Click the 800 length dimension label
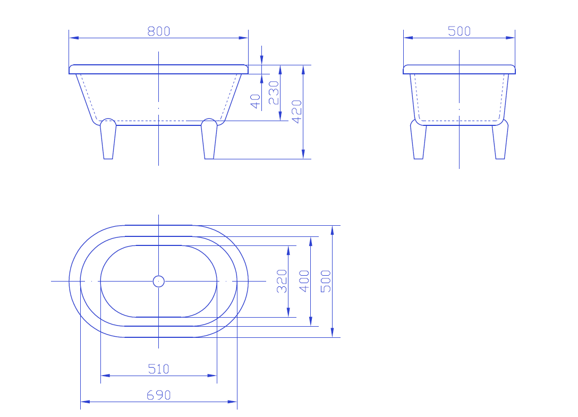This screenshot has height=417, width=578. tap(158, 31)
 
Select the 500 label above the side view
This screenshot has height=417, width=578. tap(459, 31)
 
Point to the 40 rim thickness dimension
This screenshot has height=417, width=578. tap(256, 101)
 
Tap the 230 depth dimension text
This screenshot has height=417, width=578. tap(274, 92)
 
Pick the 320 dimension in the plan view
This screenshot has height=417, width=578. tap(282, 281)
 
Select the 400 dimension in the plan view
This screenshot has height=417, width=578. tap(304, 281)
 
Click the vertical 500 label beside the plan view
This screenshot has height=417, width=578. tap(326, 281)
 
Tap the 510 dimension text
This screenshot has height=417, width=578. tap(158, 369)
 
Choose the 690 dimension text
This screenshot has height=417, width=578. tap(158, 395)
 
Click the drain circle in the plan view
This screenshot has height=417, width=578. tap(158, 281)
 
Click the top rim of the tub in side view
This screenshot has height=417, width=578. tap(459, 69)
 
